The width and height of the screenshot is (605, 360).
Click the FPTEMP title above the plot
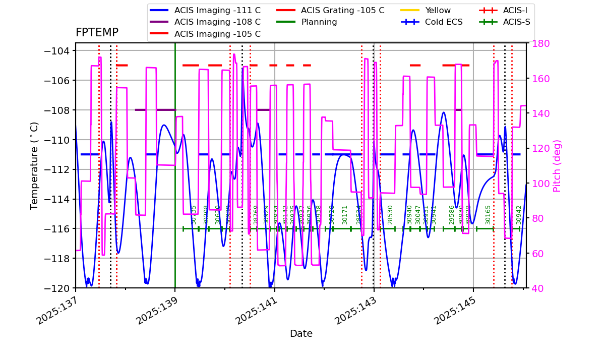pyautogui.click(x=97, y=33)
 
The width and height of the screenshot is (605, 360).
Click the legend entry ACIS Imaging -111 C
pyautogui.click(x=217, y=10)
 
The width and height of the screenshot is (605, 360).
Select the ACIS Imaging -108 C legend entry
pyautogui.click(x=217, y=22)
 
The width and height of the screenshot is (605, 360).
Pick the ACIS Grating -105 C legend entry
pyautogui.click(x=342, y=10)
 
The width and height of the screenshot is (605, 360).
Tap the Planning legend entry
pyautogui.click(x=319, y=22)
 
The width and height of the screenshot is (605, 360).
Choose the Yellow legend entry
pyautogui.click(x=438, y=10)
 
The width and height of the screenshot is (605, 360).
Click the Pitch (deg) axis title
pyautogui.click(x=557, y=165)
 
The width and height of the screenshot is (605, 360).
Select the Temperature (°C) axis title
pyautogui.click(x=35, y=165)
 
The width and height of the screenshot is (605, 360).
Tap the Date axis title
pyautogui.click(x=301, y=334)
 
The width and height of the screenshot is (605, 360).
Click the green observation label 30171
pyautogui.click(x=345, y=215)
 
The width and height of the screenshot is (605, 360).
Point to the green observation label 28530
pyautogui.click(x=390, y=215)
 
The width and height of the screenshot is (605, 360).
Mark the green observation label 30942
pyautogui.click(x=519, y=215)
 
